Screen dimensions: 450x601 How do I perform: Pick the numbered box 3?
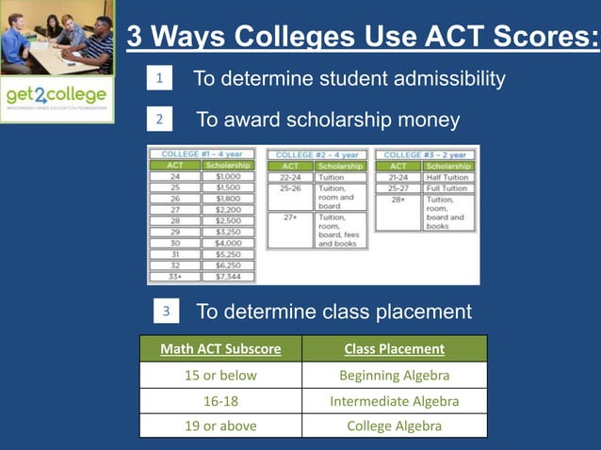pyautogui.click(x=166, y=311)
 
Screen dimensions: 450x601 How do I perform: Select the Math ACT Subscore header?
pyautogui.click(x=220, y=349)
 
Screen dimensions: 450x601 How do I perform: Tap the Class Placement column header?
pyautogui.click(x=394, y=349)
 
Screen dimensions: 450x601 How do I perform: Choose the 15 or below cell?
pyautogui.click(x=220, y=376)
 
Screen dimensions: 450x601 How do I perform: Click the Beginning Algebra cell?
pyautogui.click(x=394, y=376)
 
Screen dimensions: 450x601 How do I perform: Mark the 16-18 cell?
pyautogui.click(x=220, y=401)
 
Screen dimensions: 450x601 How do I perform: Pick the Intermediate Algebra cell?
pyautogui.click(x=394, y=401)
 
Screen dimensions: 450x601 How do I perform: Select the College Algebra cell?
pyautogui.click(x=394, y=426)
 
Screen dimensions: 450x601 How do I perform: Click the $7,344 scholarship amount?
pyautogui.click(x=227, y=277)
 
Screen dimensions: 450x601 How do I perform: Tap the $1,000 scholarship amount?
pyautogui.click(x=227, y=176)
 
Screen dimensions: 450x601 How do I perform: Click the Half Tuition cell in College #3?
pyautogui.click(x=447, y=177)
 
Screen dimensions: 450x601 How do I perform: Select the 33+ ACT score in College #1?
pyautogui.click(x=174, y=277)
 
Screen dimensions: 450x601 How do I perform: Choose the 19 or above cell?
pyautogui.click(x=220, y=426)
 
